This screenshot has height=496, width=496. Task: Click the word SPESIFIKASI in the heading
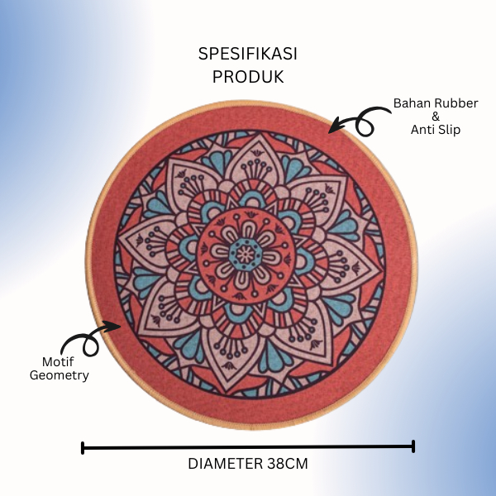[x=247, y=54]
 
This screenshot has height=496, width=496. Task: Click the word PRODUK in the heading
[x=247, y=77]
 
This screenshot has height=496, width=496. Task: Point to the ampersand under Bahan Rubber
[x=435, y=117]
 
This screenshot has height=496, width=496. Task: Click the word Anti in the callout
[x=424, y=130]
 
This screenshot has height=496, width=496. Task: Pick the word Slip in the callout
[x=451, y=130]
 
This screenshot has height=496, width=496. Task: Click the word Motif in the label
[x=59, y=362]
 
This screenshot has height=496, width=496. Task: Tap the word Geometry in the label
[x=59, y=375]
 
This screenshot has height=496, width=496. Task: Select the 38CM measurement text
[x=287, y=464]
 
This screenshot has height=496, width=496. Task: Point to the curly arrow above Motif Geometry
[x=89, y=339]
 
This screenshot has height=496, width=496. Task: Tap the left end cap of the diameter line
[x=83, y=447]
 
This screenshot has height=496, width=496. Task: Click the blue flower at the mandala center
[x=244, y=254]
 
